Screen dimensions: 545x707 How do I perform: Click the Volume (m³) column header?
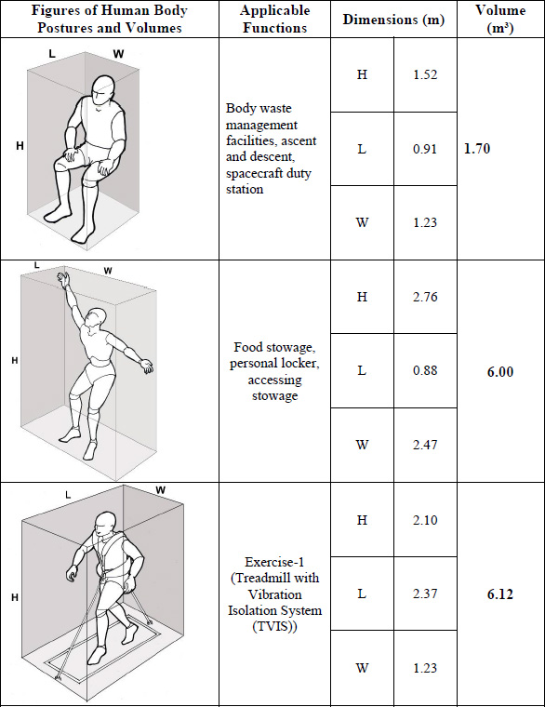click(x=500, y=19)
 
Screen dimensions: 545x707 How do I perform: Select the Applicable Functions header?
click(x=274, y=19)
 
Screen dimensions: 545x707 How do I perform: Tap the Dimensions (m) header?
click(x=393, y=20)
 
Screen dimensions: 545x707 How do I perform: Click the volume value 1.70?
click(x=477, y=148)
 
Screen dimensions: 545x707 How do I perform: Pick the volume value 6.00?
click(x=500, y=371)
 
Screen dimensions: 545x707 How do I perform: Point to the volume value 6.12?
click(x=500, y=594)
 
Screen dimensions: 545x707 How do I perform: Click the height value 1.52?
click(x=425, y=74)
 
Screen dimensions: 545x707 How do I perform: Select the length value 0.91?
click(x=425, y=149)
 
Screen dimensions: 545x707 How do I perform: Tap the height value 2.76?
click(x=425, y=297)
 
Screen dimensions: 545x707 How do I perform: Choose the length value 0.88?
click(x=425, y=370)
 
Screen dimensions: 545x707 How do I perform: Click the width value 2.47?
click(x=425, y=445)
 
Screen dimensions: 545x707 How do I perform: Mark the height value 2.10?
click(x=425, y=520)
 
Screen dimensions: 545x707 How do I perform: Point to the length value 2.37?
click(x=425, y=594)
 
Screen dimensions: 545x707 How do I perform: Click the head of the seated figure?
click(x=103, y=90)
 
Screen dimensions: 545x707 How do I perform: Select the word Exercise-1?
click(x=274, y=562)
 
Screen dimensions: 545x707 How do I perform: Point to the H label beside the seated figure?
click(x=20, y=146)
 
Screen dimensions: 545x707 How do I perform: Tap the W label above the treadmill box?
click(x=161, y=489)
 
